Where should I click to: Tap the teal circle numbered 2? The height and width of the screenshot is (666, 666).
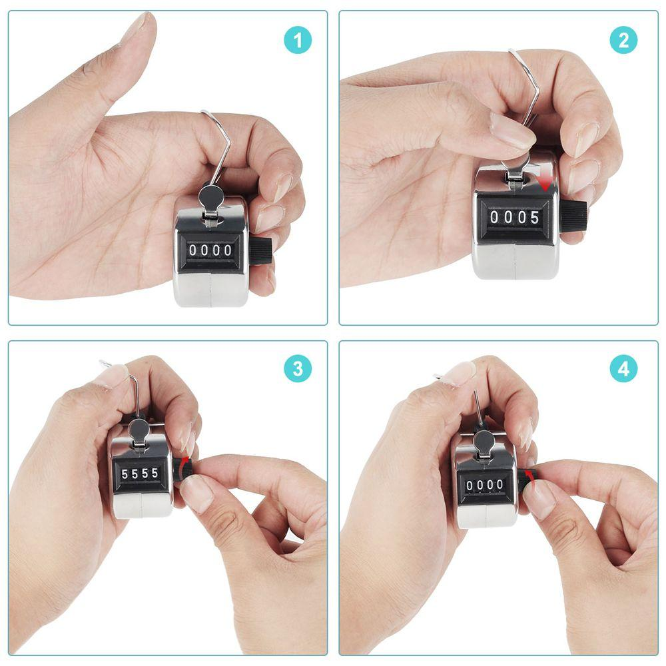coord(623,41)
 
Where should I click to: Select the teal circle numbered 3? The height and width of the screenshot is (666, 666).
coord(298,368)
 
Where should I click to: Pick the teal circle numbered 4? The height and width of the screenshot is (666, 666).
coord(623,368)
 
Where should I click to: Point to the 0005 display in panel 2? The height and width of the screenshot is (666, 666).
coord(514,217)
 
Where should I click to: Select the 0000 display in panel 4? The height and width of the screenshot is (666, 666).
coord(485,485)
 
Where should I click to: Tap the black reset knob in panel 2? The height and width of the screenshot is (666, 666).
coord(572,216)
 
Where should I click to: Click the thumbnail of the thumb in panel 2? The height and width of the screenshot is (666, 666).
coord(513,131)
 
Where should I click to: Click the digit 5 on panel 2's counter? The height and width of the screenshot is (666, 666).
coord(534,217)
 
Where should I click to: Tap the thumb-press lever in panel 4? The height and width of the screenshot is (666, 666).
coord(484,442)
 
